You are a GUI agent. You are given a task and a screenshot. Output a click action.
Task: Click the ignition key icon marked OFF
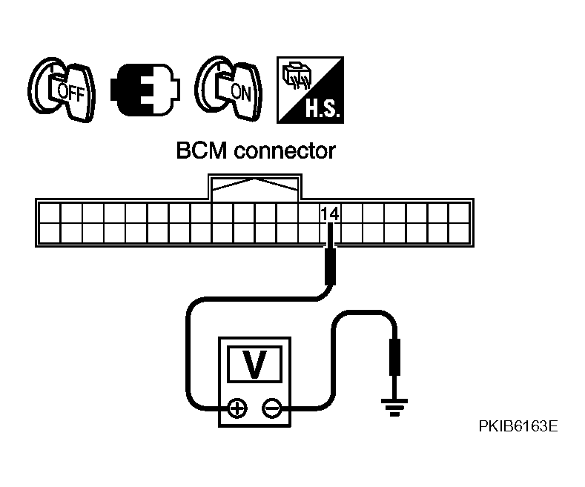(62, 90)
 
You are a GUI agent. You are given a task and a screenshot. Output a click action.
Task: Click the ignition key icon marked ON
(228, 89)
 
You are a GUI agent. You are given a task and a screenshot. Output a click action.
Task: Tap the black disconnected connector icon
(145, 90)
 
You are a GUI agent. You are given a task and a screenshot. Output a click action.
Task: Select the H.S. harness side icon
(310, 90)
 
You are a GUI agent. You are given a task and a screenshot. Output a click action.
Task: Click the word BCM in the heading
(202, 150)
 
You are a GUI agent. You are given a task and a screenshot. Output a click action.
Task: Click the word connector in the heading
(285, 151)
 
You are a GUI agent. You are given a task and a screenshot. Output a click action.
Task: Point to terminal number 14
(330, 214)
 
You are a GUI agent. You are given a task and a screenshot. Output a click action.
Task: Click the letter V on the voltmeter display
(255, 364)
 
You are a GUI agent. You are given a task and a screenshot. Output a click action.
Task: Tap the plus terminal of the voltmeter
(237, 408)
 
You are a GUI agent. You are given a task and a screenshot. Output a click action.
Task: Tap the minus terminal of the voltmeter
(272, 408)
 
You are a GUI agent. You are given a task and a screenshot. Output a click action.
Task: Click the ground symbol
(394, 408)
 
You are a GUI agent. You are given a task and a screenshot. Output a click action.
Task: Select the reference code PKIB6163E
(518, 425)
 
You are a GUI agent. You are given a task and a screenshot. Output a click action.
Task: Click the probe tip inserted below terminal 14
(330, 236)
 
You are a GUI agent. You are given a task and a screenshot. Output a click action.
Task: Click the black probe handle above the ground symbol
(394, 357)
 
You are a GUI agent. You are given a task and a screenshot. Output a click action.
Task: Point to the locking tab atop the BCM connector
(255, 188)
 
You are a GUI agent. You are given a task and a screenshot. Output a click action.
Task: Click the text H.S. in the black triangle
(323, 108)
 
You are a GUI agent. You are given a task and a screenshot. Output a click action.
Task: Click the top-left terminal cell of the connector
(49, 213)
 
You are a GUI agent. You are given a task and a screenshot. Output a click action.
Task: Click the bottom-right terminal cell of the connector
(459, 233)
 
